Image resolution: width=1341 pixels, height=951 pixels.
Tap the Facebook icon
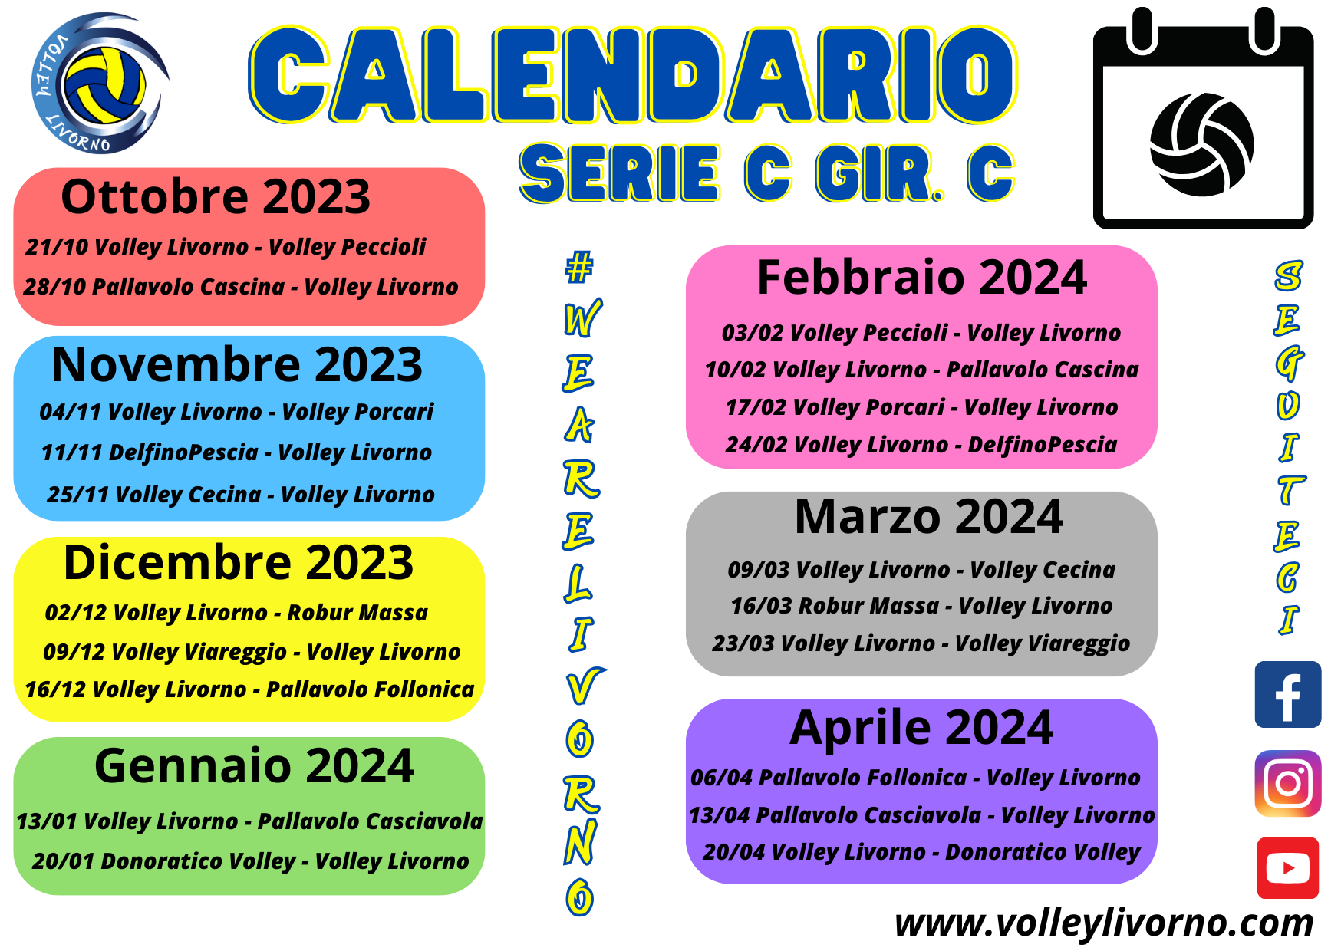[x=1287, y=694]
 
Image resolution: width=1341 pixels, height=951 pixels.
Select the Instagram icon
[x=1287, y=783]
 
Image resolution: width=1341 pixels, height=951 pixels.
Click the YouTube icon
[x=1287, y=868]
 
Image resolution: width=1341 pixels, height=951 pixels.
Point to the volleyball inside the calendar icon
[x=1201, y=144]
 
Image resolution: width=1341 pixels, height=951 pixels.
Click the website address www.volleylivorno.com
[x=1104, y=923]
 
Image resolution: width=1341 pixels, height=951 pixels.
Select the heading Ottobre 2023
[x=216, y=196]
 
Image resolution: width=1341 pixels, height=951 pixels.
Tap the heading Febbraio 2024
[x=921, y=277]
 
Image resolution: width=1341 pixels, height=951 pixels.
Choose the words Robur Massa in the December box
[x=357, y=613]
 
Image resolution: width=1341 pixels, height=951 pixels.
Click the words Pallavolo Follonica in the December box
[x=370, y=689]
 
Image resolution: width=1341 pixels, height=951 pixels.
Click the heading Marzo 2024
[x=928, y=516]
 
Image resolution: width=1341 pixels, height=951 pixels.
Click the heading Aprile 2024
[x=921, y=727]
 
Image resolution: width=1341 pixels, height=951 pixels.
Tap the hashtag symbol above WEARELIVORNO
[x=579, y=266]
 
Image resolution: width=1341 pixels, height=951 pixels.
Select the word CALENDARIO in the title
[x=633, y=74]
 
